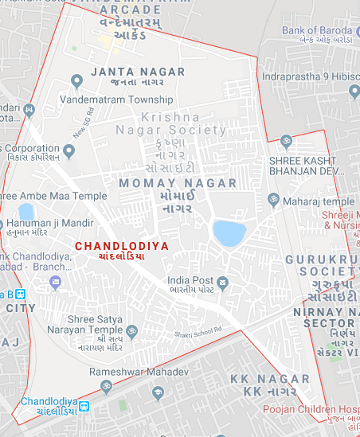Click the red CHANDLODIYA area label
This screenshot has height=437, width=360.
[x=122, y=246]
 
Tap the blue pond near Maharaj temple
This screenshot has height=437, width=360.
[x=229, y=232]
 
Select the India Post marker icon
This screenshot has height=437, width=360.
[x=223, y=282]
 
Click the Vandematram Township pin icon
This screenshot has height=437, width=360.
[x=76, y=80]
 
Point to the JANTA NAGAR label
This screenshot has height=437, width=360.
[x=138, y=72]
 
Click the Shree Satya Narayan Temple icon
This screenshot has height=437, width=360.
[x=132, y=330]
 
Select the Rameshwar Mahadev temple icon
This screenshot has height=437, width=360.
[x=105, y=385]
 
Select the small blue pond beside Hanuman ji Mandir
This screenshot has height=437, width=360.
[x=26, y=212]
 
